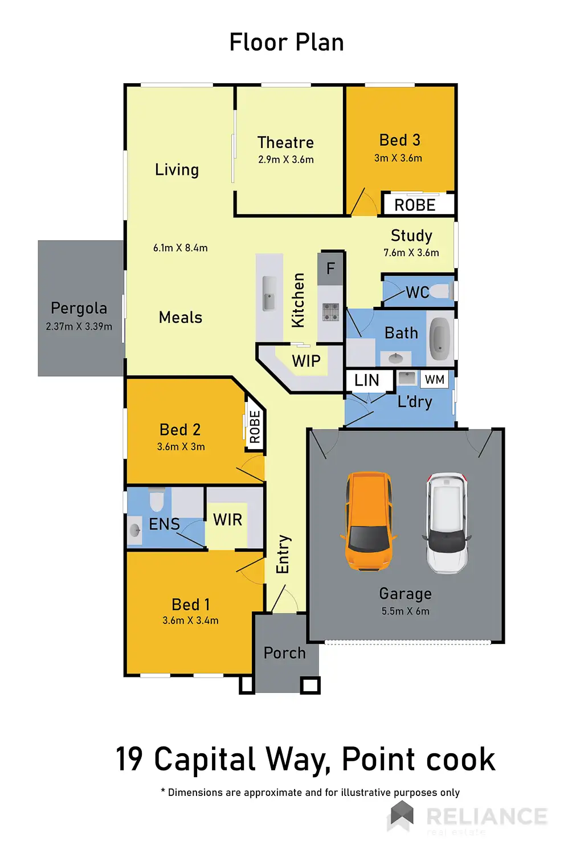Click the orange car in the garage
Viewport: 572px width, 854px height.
pos(369,520)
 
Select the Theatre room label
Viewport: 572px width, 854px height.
pos(285,142)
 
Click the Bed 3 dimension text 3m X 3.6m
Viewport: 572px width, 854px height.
pos(398,158)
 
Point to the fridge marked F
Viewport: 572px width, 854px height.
pos(330,268)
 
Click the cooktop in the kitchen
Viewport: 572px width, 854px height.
pos(331,312)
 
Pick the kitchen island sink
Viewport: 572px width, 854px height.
pos(269,294)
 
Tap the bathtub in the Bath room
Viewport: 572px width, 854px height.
pos(440,338)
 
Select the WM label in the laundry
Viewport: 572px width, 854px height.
pos(435,380)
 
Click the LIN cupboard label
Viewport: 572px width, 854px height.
pos(366,380)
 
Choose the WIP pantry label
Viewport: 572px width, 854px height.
pos(306,361)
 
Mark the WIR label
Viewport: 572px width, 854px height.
pos(228,520)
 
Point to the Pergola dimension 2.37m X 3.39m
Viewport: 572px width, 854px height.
pos(79,327)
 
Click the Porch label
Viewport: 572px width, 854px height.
pos(284,653)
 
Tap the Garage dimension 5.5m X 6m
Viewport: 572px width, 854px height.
pos(406,611)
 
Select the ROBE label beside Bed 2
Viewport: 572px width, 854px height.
pos(255,427)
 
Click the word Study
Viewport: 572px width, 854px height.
pos(411,236)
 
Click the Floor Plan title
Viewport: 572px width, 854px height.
pos(287,43)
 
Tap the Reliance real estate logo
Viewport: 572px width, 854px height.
pos(467,817)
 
